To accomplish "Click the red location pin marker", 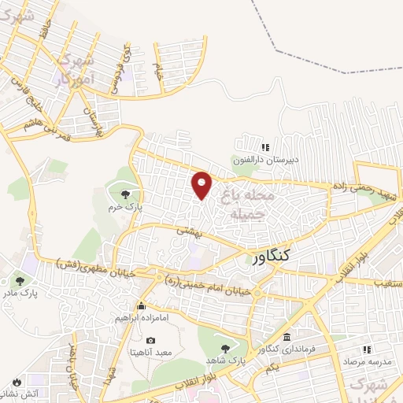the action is pos(202,185).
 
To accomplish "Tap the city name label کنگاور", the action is pos(273,257).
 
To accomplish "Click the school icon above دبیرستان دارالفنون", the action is pos(265,146).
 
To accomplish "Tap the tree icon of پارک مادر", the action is pos(19,280).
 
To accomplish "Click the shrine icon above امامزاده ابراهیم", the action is pos(142,306).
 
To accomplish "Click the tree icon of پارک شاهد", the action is pos(225,348).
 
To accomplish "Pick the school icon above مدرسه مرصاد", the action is pos(366,349).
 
